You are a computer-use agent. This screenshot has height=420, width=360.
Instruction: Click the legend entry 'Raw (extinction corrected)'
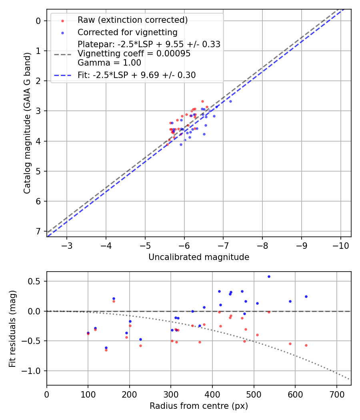[x=132, y=20]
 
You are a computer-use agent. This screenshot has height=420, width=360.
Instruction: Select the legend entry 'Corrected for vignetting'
[x=128, y=32]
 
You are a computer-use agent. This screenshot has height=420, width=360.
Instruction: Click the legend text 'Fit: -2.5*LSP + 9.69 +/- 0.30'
[x=137, y=75]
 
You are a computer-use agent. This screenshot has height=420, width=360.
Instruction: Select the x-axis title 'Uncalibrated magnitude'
[x=199, y=257]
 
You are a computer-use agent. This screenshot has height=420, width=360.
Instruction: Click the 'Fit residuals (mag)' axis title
[x=12, y=328]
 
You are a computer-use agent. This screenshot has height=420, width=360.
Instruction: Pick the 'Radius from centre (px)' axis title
[x=199, y=406]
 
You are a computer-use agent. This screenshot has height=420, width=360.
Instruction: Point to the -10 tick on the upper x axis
[x=340, y=244]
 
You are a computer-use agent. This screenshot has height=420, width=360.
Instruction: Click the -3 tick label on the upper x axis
[x=67, y=244]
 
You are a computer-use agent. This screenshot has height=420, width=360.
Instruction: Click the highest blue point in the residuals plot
[x=269, y=276]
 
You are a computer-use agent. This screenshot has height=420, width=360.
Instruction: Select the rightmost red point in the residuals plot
[x=306, y=345]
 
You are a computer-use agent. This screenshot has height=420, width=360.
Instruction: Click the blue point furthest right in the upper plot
[x=230, y=101]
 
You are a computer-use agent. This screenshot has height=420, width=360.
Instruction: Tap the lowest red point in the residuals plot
[x=106, y=350]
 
